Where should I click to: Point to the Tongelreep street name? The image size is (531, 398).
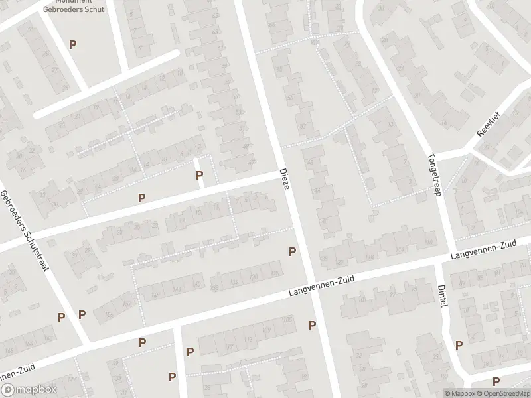click(x=436, y=166)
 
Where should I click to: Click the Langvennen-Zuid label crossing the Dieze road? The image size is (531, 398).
click(x=321, y=287)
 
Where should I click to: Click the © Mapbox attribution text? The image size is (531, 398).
click(x=461, y=393)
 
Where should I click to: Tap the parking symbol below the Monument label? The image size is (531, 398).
click(x=73, y=44)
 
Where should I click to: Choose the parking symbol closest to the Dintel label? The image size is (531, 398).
click(x=459, y=344)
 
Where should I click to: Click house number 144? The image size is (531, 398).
click(x=177, y=291)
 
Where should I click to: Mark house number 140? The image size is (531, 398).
click(x=196, y=286)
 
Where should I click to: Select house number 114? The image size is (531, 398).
click(x=400, y=249)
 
